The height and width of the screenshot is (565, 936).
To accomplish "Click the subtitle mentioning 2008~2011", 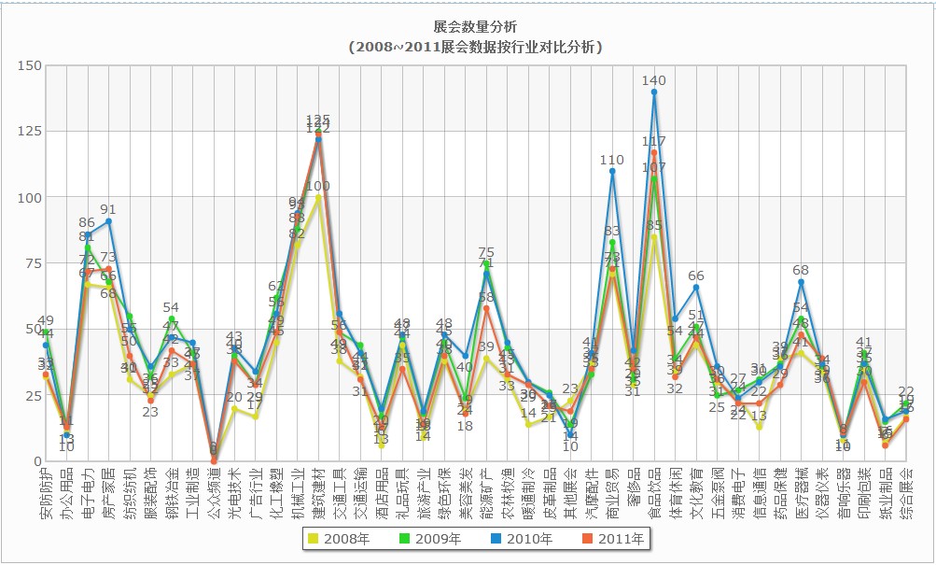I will coord(476,46).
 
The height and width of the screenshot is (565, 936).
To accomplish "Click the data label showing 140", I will coord(654,81).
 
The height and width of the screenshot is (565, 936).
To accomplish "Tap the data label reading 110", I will coord(612,160).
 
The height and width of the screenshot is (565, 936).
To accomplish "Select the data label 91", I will coord(108,210).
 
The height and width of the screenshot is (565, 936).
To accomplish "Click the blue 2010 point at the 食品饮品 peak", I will coord(654,92).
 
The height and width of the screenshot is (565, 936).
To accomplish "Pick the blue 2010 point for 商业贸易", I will coord(612,171).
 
